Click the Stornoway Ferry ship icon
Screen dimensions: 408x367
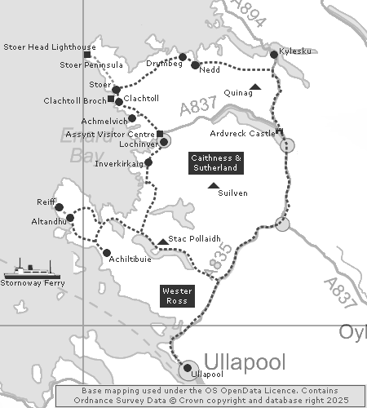click(x=28, y=268)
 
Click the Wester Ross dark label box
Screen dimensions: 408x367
click(x=177, y=295)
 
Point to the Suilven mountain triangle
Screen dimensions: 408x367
click(x=213, y=186)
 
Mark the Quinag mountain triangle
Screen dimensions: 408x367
click(x=255, y=86)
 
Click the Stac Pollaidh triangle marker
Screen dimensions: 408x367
click(x=163, y=241)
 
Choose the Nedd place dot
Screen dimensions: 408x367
click(x=195, y=64)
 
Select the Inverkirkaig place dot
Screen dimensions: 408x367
click(x=148, y=162)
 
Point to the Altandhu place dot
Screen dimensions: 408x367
click(x=69, y=218)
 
